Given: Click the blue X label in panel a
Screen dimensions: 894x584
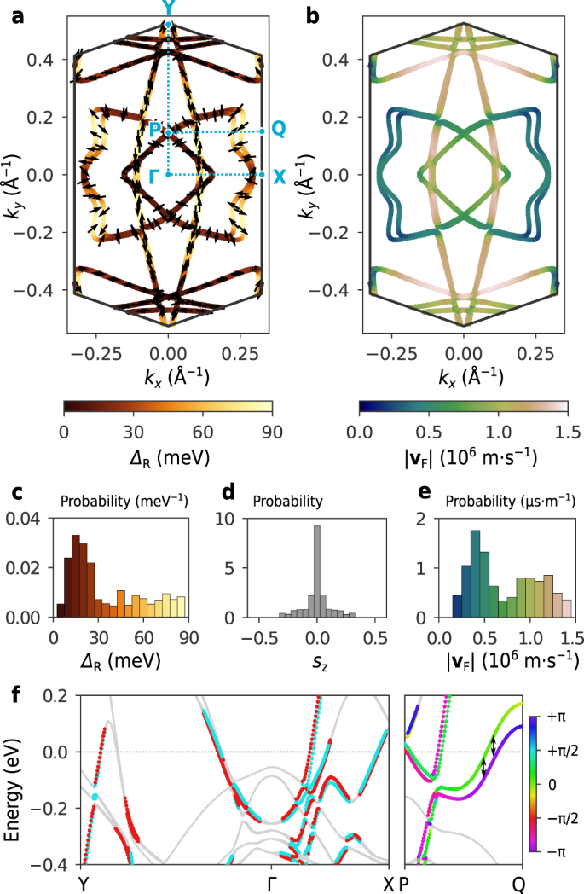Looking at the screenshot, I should pos(279,177).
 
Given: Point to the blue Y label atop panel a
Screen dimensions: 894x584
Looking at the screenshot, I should pos(168,9).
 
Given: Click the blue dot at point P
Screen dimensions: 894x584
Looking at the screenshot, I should pos(169,132).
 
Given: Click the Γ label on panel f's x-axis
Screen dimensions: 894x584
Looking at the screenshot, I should pos(270,882).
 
